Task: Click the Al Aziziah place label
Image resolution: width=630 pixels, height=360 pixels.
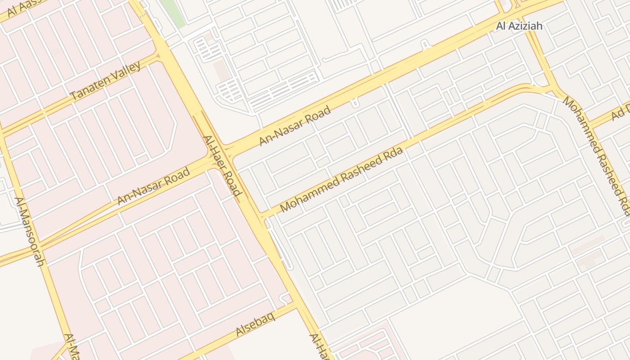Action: point(519,26)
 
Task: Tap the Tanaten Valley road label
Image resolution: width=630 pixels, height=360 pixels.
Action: point(106,81)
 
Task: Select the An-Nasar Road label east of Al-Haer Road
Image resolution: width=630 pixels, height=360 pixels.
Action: point(295,126)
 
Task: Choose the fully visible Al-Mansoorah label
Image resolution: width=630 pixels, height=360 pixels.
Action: point(29,231)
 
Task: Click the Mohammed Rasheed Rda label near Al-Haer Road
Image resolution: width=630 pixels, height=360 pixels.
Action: point(341,180)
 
